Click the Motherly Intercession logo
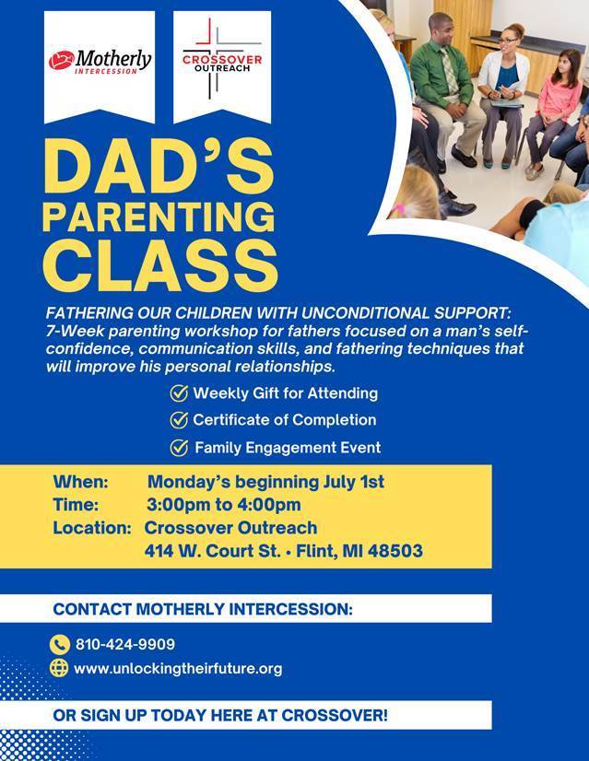pos(101,62)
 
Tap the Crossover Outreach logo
pos(222,62)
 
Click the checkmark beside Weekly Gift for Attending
pos(180,393)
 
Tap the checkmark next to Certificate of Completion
pos(180,420)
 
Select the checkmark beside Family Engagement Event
pos(180,448)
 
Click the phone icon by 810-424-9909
pos(60,645)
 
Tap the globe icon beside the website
pos(60,669)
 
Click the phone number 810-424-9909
pos(124,645)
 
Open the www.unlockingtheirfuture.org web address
pos(178,669)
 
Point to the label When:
pos(81,482)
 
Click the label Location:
pos(91,528)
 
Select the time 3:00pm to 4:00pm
pos(224,505)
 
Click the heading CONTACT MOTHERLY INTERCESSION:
pos(203,609)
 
